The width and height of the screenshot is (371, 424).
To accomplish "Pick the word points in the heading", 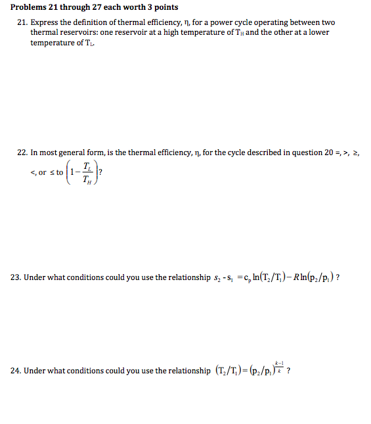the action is (164, 7).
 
